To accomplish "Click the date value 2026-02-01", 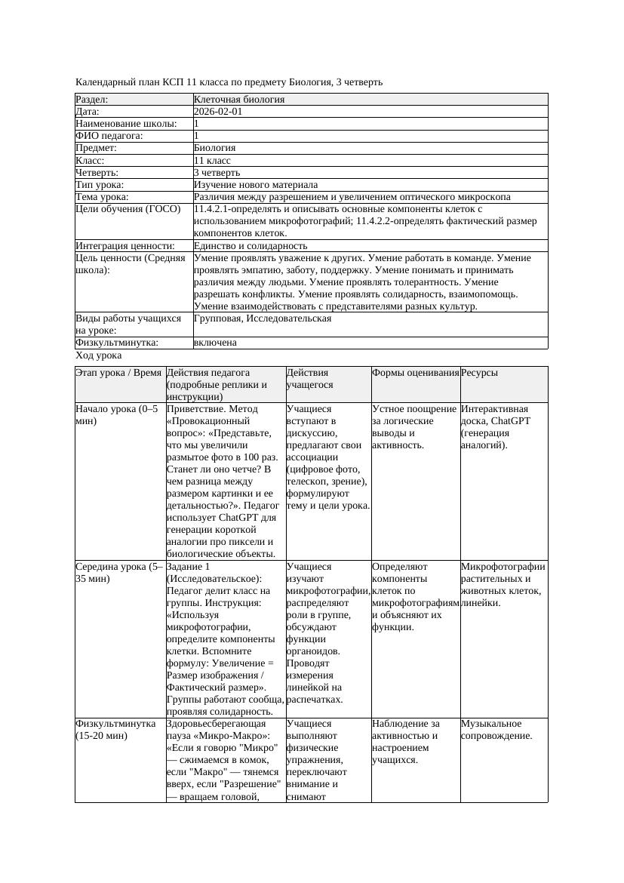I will [218, 112].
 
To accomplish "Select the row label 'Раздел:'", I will [92, 100].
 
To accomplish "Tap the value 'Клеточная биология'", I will [239, 100].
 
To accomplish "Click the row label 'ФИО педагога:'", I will [109, 136].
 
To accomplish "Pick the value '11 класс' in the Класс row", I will [212, 161].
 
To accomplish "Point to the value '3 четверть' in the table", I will [217, 173].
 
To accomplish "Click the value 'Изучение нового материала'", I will [256, 185].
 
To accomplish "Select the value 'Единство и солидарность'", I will [251, 246].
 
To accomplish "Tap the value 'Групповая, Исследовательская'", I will [263, 318].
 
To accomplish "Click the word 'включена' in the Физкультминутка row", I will [215, 343].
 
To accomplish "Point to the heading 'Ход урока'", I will [99, 355].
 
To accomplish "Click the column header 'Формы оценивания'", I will [415, 373].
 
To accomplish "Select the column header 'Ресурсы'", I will [479, 373].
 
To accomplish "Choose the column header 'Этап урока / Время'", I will [119, 373].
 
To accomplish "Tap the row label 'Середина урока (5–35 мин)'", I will [119, 572].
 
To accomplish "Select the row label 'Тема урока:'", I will [102, 197].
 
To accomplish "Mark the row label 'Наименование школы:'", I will [127, 124].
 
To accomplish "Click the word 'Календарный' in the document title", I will [105, 82].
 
